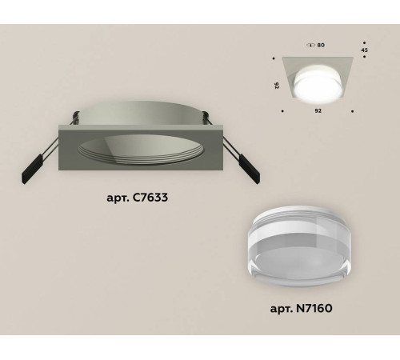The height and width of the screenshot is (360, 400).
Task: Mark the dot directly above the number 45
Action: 365,42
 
